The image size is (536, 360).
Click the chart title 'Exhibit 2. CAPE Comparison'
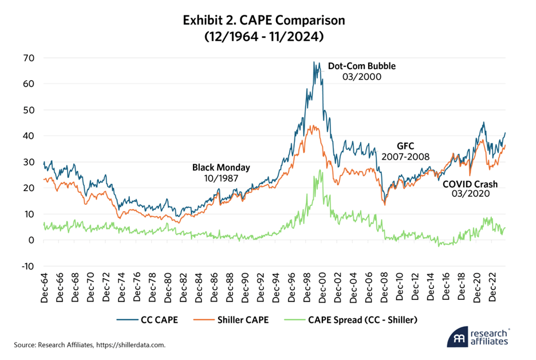(263, 21)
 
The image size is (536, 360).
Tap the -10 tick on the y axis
(28, 266)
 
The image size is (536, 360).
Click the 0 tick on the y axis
(32, 240)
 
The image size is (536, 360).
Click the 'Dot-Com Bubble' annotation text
(362, 66)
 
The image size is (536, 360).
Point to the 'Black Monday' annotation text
(221, 168)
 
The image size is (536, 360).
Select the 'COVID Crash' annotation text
(470, 184)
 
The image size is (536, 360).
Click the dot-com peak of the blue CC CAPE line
(314, 62)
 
